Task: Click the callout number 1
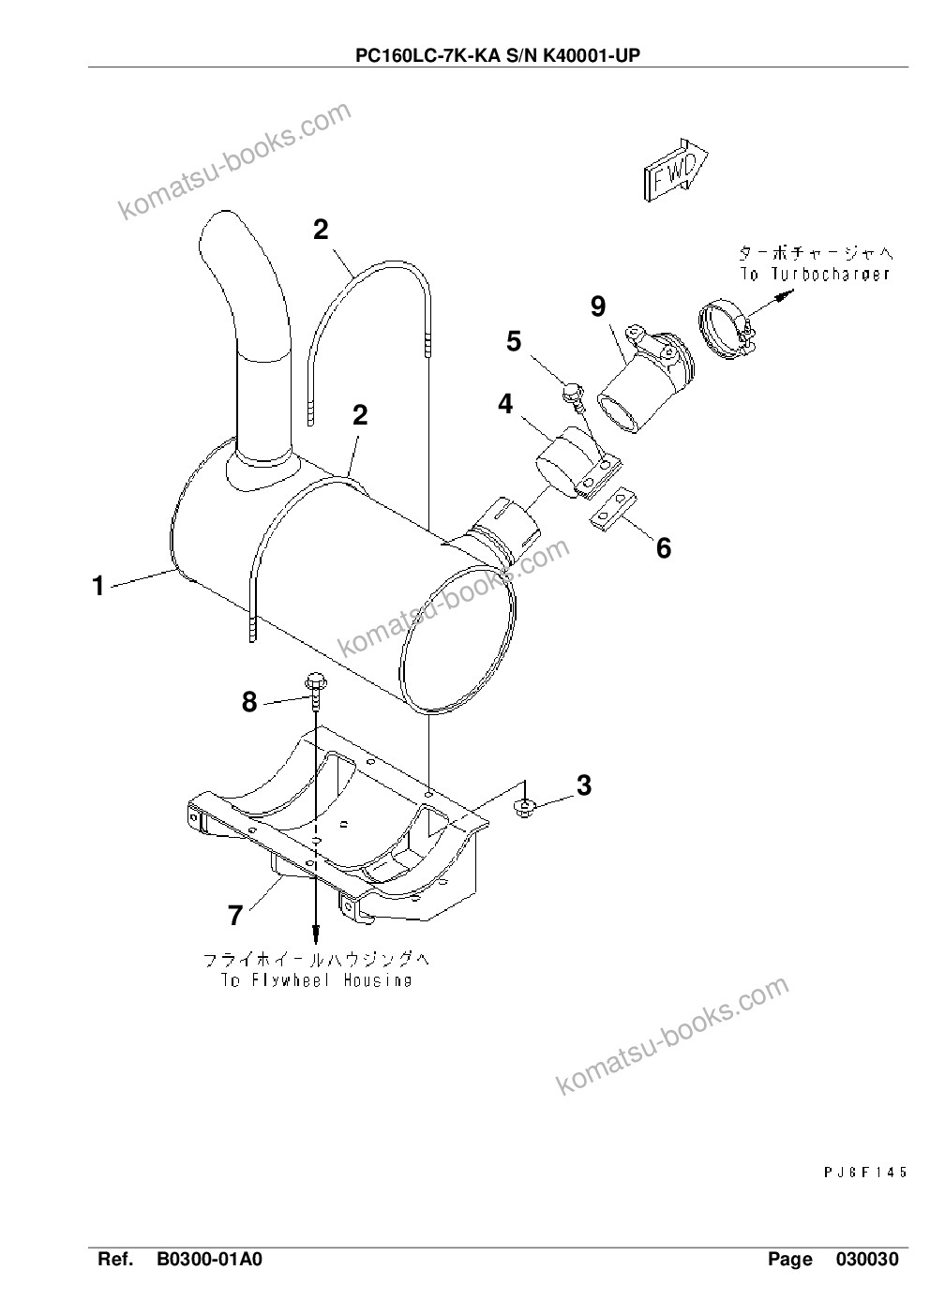click(x=98, y=586)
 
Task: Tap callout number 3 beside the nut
click(x=584, y=785)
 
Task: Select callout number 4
click(x=505, y=404)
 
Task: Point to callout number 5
click(x=514, y=341)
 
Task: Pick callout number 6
click(x=664, y=548)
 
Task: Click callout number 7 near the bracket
click(x=235, y=915)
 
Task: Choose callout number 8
click(x=249, y=701)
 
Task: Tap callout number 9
click(x=598, y=306)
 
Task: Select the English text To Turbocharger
click(x=815, y=275)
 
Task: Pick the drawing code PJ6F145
click(x=865, y=1172)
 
